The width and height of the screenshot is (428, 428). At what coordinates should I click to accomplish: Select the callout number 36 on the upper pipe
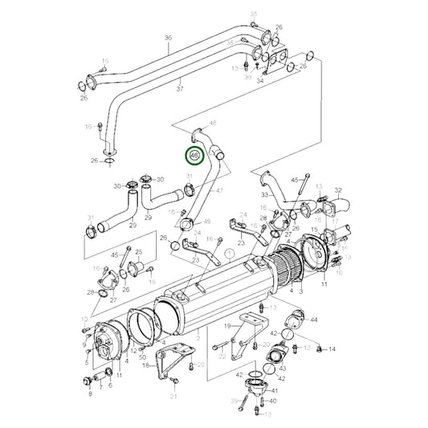[x=168, y=39]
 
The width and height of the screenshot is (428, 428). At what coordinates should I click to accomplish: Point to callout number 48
[x=213, y=123]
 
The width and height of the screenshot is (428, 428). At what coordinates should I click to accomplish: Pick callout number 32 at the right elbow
[x=338, y=191]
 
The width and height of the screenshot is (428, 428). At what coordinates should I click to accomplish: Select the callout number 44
[x=314, y=320]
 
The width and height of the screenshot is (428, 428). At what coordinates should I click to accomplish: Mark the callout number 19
[x=228, y=326]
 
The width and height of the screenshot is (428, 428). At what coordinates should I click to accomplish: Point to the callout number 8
[x=90, y=395]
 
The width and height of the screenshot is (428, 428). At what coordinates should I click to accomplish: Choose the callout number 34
[x=259, y=81]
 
